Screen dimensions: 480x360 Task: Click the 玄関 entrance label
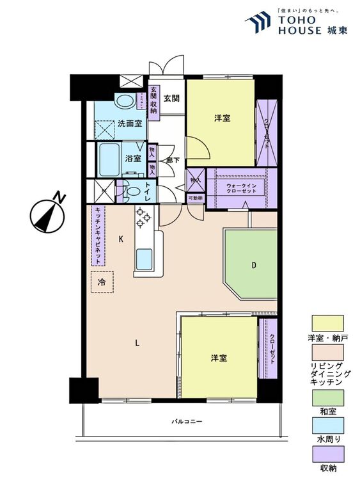(x=171, y=98)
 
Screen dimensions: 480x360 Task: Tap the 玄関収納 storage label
(x=153, y=101)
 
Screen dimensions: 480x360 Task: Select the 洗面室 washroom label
(x=130, y=123)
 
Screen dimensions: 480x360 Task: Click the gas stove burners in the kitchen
(x=142, y=219)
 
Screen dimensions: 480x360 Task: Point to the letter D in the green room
(x=254, y=264)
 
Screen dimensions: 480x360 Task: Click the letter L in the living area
(x=137, y=342)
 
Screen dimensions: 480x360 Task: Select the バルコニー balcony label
(x=187, y=422)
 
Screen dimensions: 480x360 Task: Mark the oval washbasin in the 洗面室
(x=125, y=102)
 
